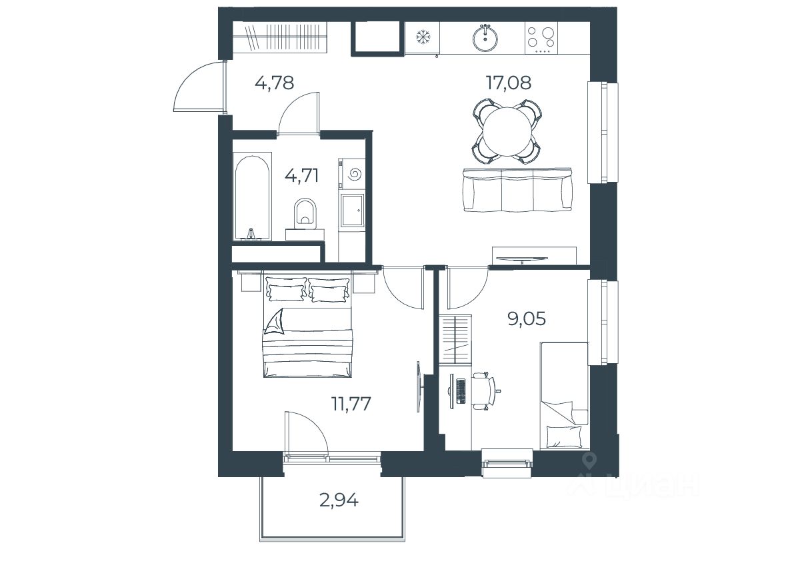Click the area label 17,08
[509, 82]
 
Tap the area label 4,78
[275, 82]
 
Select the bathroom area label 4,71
[302, 175]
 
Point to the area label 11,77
[351, 404]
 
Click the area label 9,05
[527, 318]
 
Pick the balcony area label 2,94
[339, 500]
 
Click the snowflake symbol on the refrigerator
[422, 37]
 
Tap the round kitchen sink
[485, 37]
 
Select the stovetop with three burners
[541, 37]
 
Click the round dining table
[507, 132]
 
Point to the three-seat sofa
[517, 190]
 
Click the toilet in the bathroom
[305, 212]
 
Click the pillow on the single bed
[564, 436]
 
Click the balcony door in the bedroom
[307, 434]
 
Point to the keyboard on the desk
[460, 390]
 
